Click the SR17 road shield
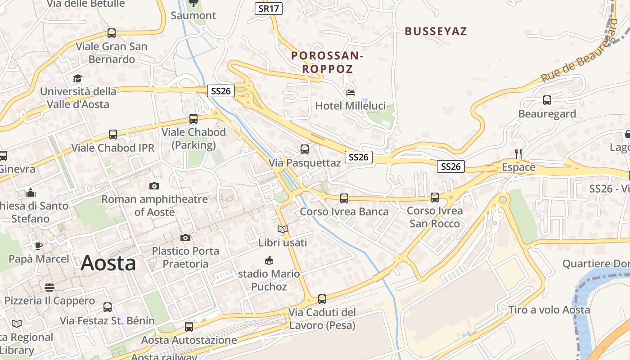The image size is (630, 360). [269, 9]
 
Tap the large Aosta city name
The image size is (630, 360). [108, 263]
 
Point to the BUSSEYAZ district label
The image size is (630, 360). [436, 31]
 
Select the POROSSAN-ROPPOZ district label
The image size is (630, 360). [327, 63]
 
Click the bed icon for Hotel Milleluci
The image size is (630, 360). [351, 93]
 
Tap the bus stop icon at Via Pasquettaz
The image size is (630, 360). [305, 149]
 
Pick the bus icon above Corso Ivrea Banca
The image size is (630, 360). [344, 198]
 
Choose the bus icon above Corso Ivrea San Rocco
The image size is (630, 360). [435, 198]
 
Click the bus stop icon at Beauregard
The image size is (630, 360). [547, 100]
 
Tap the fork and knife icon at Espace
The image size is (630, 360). [518, 154]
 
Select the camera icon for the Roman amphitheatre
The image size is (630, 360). [154, 186]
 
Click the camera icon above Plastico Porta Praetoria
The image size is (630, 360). [185, 238]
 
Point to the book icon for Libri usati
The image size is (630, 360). [283, 229]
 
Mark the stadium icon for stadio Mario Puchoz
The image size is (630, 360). [269, 260]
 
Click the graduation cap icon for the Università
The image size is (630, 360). [78, 78]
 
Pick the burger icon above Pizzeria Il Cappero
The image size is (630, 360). [49, 287]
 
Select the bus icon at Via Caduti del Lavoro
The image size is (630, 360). [322, 299]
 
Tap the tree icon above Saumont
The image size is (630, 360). [193, 4]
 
